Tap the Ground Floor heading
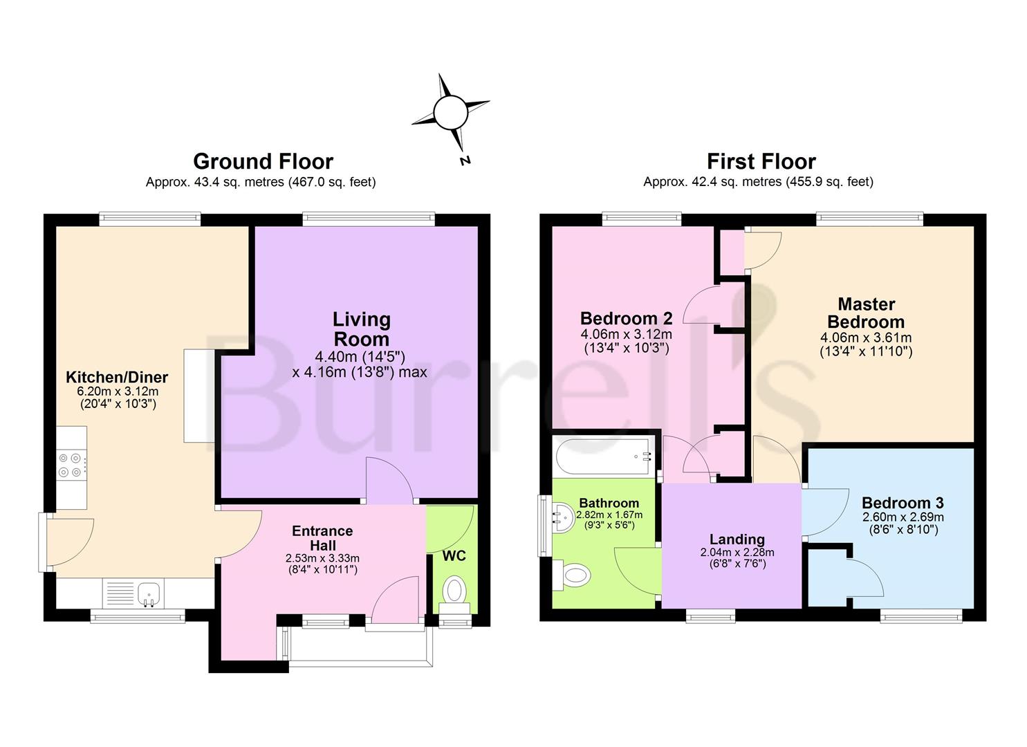[x=263, y=161]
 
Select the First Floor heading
[x=761, y=161]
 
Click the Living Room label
[x=361, y=329]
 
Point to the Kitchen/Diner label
[x=117, y=377]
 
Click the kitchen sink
[x=149, y=593]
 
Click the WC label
[x=454, y=556]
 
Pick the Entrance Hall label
[x=322, y=537]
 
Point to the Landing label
[x=737, y=539]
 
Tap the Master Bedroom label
[x=866, y=313]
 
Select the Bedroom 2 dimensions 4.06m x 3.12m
[x=626, y=334]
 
